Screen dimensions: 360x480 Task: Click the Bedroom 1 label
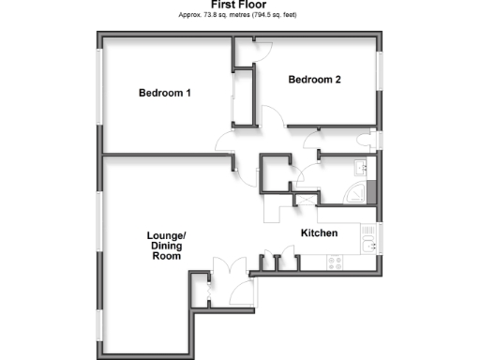coord(165,93)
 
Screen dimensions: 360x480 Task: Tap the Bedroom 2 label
coord(314,80)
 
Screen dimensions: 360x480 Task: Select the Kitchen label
coord(319,232)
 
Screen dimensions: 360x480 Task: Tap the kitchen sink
coord(370,247)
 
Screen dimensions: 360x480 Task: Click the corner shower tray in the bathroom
coord(356,194)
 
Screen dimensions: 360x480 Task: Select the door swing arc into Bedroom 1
coord(226,145)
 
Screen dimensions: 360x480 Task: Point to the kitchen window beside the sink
coord(380,239)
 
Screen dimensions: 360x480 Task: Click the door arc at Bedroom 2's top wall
coord(262,52)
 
